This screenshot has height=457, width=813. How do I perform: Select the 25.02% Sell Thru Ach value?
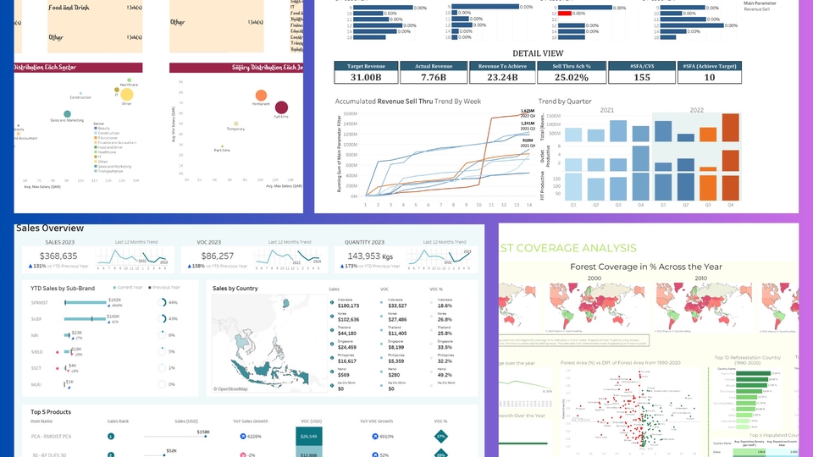(x=571, y=78)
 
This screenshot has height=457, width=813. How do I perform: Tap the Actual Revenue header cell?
(x=435, y=65)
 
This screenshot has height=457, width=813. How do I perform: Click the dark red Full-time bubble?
(x=281, y=107)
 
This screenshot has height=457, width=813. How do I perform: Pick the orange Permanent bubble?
(x=262, y=96)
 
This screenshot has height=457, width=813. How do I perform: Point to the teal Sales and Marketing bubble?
(x=67, y=113)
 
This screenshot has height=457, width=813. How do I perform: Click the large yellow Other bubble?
(x=126, y=95)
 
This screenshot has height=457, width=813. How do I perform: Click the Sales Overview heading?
(x=50, y=228)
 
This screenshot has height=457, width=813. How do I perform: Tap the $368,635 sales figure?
(x=58, y=256)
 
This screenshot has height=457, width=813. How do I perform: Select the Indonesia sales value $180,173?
(x=347, y=306)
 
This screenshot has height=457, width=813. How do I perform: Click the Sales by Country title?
(x=235, y=289)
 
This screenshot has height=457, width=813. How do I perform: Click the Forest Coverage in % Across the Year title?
(x=646, y=267)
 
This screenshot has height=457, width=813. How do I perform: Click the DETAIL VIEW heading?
(x=537, y=52)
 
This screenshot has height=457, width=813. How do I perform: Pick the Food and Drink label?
(x=68, y=8)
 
